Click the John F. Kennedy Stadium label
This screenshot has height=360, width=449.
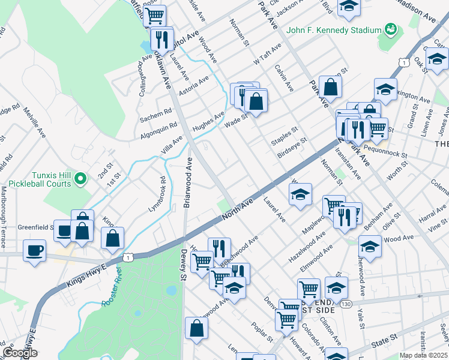[334, 30]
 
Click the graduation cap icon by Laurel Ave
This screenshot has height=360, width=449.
[300, 194]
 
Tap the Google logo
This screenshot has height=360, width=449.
[20, 353]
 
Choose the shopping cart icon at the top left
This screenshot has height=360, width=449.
[155, 13]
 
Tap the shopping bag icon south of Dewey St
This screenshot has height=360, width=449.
[196, 328]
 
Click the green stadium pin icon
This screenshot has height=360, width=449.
[391, 28]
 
